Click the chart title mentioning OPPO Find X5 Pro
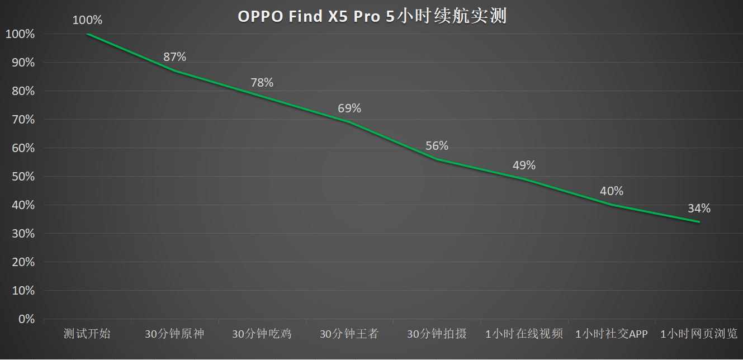coord(372,16)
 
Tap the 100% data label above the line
coord(87,20)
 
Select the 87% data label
coord(174,57)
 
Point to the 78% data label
coord(262,83)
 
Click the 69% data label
coord(349,108)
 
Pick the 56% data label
coord(437,146)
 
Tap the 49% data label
coord(524,165)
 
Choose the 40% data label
coord(611,191)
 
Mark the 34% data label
coord(699,209)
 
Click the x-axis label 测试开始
coord(87,334)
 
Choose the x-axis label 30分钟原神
coord(174,334)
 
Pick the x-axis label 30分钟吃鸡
coord(262,334)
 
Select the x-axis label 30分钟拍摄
coord(437,334)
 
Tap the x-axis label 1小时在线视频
coord(524,334)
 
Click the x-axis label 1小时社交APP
coord(611,334)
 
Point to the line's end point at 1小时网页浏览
coord(699,222)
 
